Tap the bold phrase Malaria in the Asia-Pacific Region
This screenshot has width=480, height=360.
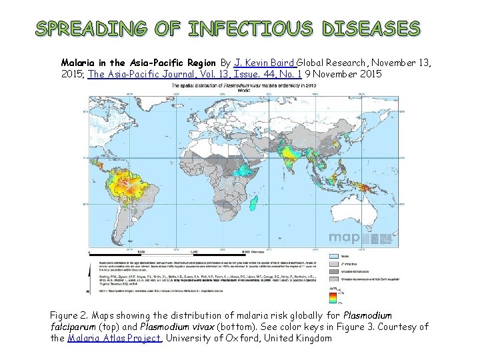coord(137,63)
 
